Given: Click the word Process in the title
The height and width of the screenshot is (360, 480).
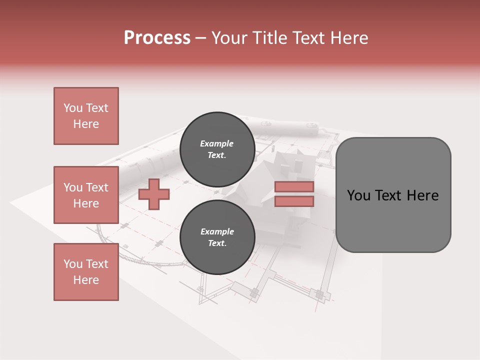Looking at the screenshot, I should click(157, 37).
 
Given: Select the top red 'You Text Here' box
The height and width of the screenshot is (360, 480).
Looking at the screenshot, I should click(86, 116).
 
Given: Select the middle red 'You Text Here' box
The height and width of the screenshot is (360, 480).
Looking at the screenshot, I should click(86, 195).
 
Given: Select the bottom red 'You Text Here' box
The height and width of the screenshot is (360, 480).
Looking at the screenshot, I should click(86, 271).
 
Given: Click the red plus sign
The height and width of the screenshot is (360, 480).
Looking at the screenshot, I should click(153, 194).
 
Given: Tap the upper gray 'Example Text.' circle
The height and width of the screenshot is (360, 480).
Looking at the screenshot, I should click(217, 149).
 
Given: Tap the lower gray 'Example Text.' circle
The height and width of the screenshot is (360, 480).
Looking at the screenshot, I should click(217, 237).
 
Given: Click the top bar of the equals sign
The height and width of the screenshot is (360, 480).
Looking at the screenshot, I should click(294, 186).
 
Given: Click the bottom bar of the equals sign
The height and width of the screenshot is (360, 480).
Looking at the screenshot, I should click(294, 201).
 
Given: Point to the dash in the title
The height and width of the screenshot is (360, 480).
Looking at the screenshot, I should click(200, 38).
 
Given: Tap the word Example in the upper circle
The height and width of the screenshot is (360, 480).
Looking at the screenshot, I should click(217, 143).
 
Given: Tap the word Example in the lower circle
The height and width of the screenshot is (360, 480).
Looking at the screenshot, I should click(217, 231).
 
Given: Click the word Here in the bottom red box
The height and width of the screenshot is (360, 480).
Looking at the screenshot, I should click(86, 280).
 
